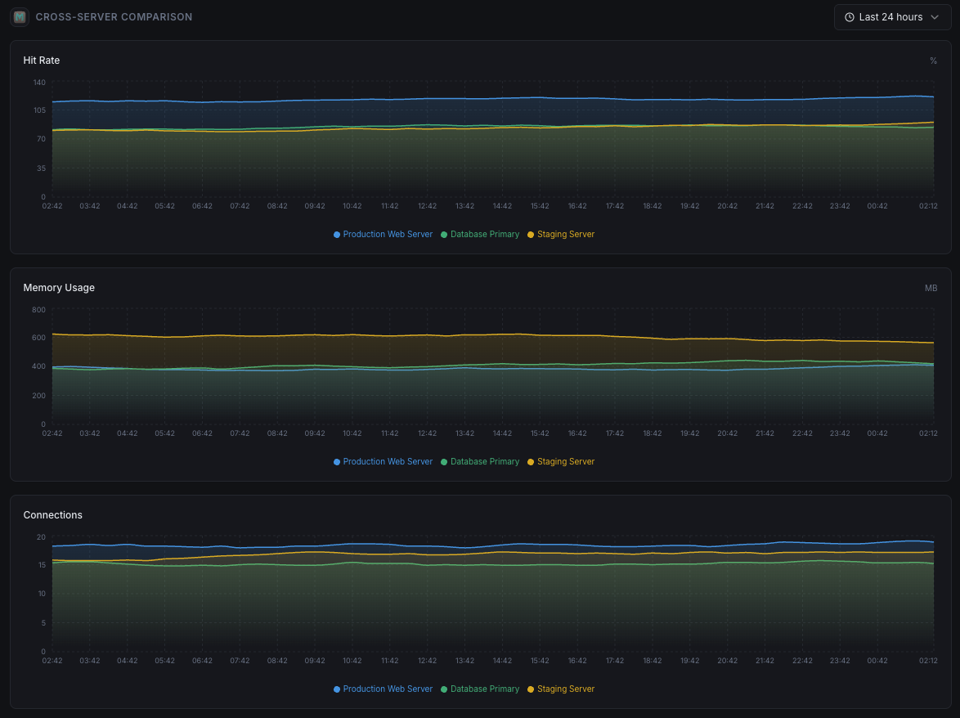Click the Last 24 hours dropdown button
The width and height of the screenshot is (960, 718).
(892, 17)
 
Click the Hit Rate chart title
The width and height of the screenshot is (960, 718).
(42, 61)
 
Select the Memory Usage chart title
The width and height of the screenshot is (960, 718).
(59, 288)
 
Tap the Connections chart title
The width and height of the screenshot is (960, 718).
(53, 515)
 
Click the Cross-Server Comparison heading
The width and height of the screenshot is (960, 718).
(114, 16)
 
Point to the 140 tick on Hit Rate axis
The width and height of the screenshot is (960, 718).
(39, 83)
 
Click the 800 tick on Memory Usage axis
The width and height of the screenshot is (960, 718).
(39, 310)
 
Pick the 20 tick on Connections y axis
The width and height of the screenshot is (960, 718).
(41, 537)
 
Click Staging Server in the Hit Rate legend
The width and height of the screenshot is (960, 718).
(565, 235)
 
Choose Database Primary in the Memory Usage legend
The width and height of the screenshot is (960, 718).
(484, 462)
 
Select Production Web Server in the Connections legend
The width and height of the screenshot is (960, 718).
(387, 689)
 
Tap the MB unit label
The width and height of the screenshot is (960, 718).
(931, 288)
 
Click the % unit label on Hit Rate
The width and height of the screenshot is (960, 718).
(933, 61)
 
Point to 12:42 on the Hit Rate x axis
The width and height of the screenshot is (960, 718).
(427, 206)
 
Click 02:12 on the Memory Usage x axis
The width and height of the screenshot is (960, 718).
(928, 433)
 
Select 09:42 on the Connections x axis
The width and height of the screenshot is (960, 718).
(315, 661)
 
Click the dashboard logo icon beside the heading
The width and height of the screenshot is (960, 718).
(20, 16)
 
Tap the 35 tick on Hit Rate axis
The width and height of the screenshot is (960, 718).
(40, 168)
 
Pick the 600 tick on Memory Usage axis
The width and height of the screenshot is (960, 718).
(39, 338)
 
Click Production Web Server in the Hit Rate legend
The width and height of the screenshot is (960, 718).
(387, 235)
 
